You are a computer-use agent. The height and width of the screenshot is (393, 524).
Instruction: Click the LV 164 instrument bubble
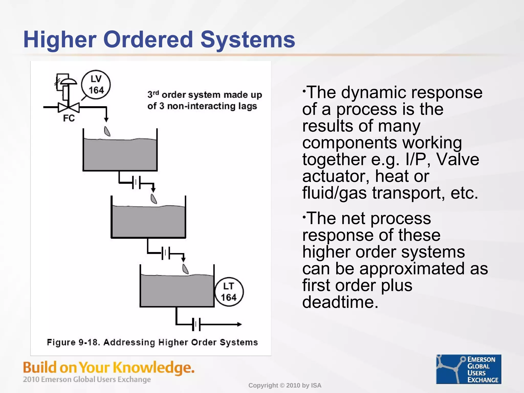point(96,85)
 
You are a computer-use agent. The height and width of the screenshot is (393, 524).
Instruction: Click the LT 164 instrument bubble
point(229,292)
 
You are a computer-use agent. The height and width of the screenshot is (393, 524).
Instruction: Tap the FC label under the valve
point(69,118)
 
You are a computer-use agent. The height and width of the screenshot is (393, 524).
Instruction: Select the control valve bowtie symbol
point(69,107)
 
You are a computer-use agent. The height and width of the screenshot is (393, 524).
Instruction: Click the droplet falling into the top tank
point(107,131)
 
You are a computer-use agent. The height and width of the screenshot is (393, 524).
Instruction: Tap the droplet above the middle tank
point(154,199)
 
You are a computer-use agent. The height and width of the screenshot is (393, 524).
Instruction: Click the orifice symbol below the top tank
point(136,183)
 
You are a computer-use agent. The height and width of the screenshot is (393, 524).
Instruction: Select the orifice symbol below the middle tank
point(166,254)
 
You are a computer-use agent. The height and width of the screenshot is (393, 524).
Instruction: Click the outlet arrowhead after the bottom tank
point(239,324)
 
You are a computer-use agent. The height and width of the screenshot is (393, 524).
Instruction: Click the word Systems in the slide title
point(248,40)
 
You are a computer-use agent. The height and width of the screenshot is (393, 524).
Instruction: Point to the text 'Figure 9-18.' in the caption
point(73,342)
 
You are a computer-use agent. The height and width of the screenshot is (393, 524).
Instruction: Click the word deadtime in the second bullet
point(340,302)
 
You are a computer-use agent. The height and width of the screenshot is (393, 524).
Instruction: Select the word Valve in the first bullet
point(457,159)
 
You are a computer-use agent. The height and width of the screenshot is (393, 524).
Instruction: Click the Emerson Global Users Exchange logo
point(468,369)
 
